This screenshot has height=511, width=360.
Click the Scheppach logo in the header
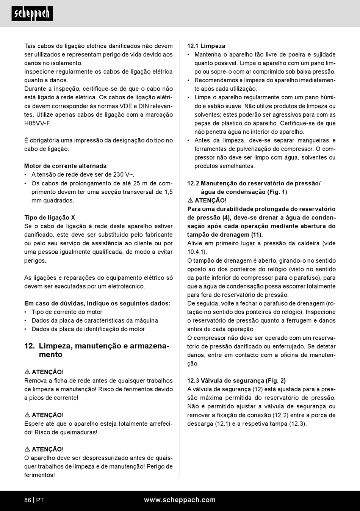(32, 14)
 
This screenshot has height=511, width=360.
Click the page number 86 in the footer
(28, 500)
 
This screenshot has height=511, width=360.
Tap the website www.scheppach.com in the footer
(180, 500)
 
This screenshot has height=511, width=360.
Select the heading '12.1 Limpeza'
(206, 46)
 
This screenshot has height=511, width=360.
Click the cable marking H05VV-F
(38, 123)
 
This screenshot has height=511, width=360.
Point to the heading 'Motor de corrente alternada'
(65, 166)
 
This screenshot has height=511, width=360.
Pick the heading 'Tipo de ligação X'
(50, 218)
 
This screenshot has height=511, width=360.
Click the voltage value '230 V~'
(123, 175)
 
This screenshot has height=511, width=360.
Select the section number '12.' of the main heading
(30, 346)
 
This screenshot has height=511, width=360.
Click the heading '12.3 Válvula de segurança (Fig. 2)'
(236, 381)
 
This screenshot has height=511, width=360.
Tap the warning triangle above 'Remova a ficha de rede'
(27, 372)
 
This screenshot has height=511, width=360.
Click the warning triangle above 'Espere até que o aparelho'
(27, 415)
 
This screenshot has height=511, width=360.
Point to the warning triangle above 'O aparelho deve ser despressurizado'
(27, 450)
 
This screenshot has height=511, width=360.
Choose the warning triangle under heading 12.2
(190, 201)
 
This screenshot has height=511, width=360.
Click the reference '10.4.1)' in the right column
(197, 252)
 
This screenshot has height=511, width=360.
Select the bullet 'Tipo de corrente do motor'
(67, 312)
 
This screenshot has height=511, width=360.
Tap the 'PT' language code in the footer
(40, 500)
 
